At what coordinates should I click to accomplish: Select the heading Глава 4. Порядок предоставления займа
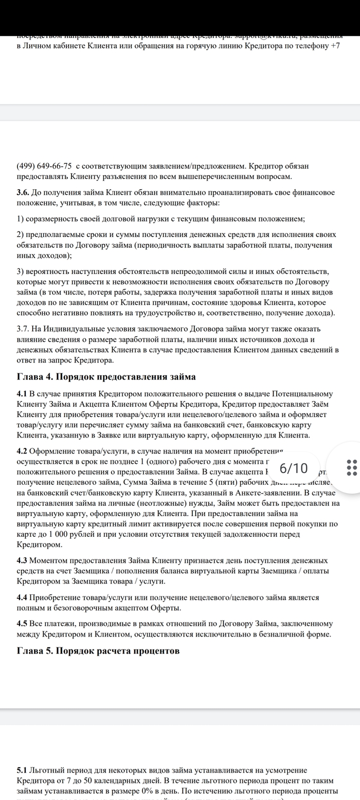click(x=106, y=376)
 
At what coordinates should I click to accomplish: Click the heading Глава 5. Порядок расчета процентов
click(x=98, y=650)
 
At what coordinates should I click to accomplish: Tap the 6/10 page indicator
click(x=294, y=468)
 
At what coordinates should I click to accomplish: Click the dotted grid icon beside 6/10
click(x=352, y=468)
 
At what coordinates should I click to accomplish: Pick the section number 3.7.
click(x=23, y=329)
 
